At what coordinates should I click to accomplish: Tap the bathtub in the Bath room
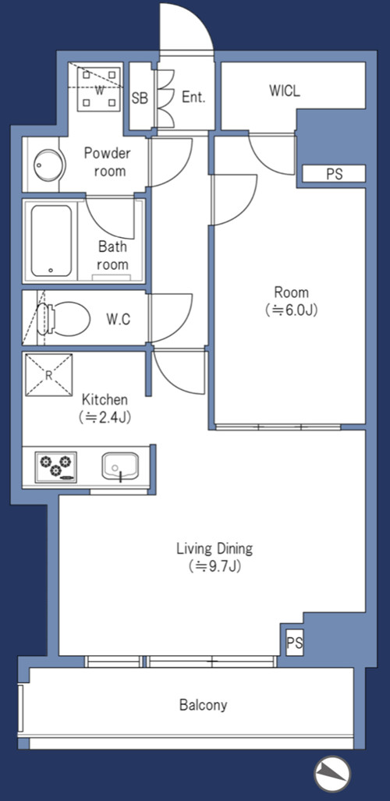click(51, 240)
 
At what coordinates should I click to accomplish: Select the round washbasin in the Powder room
click(49, 165)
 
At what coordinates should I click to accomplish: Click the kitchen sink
click(120, 466)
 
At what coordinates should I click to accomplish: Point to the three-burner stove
click(55, 467)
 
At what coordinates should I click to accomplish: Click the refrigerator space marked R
click(48, 375)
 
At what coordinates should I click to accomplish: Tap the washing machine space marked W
click(99, 89)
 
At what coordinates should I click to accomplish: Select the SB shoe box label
click(140, 97)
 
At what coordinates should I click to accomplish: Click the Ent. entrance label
click(193, 97)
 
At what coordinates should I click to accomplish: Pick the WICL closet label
click(285, 91)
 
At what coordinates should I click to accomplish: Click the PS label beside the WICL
click(334, 174)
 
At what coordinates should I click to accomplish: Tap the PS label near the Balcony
click(294, 643)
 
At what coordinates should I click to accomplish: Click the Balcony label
click(203, 706)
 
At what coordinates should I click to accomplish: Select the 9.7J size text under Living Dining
click(214, 566)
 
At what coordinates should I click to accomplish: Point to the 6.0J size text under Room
click(292, 310)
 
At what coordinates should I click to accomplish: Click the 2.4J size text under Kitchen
click(105, 417)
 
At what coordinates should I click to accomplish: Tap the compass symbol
click(331, 774)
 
